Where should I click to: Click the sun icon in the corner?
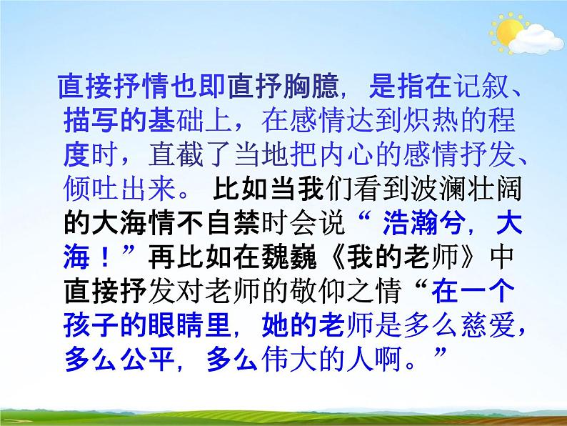coord(509,31)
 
